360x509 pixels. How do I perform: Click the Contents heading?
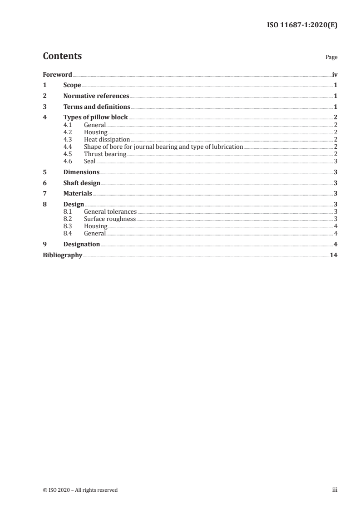click(62, 56)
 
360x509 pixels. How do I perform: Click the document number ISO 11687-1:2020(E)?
click(301, 25)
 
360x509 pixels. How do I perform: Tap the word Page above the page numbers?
click(331, 58)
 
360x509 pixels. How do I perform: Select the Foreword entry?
click(57, 74)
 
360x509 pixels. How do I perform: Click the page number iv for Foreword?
click(335, 74)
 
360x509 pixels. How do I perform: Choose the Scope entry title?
click(72, 85)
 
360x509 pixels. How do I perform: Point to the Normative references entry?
click(96, 96)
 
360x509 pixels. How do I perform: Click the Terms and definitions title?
click(97, 107)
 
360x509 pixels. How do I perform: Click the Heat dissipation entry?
click(107, 140)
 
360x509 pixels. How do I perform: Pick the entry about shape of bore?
click(163, 147)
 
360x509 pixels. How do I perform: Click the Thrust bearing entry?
click(105, 154)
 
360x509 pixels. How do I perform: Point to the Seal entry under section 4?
click(90, 161)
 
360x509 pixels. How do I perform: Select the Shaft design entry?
click(82, 183)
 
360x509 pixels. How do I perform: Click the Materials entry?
click(78, 194)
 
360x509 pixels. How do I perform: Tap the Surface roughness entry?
click(110, 219)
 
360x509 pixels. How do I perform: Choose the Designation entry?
click(82, 245)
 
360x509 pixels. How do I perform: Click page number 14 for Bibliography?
click(334, 255)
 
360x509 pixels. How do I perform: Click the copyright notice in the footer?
click(80, 490)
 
